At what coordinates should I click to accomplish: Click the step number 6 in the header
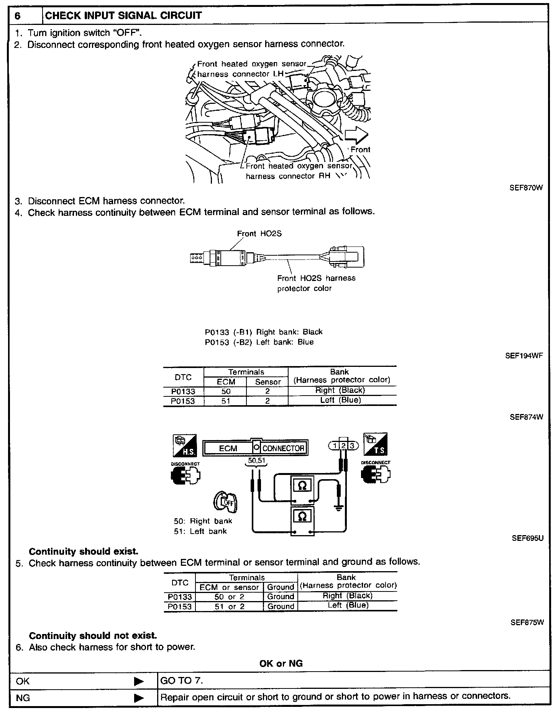pyautogui.click(x=17, y=16)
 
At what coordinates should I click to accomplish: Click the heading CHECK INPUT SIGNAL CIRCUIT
pyautogui.click(x=123, y=16)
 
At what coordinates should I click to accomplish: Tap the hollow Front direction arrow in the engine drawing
pyautogui.click(x=356, y=135)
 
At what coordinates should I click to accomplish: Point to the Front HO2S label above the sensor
pyautogui.click(x=259, y=233)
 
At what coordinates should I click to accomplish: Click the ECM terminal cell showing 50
pyautogui.click(x=226, y=391)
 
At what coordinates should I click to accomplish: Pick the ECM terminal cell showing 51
pyautogui.click(x=226, y=401)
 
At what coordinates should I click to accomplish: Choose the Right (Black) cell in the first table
pyautogui.click(x=340, y=391)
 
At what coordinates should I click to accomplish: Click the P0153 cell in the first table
pyautogui.click(x=183, y=401)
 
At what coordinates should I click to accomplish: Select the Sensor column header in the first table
pyautogui.click(x=268, y=382)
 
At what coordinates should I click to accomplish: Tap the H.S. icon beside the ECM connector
pyautogui.click(x=185, y=445)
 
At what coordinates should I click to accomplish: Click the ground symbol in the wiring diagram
pyautogui.click(x=338, y=508)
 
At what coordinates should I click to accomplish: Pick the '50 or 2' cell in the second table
pyautogui.click(x=230, y=597)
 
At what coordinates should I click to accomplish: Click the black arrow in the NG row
pyautogui.click(x=139, y=698)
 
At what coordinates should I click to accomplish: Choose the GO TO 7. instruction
pyautogui.click(x=182, y=681)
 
